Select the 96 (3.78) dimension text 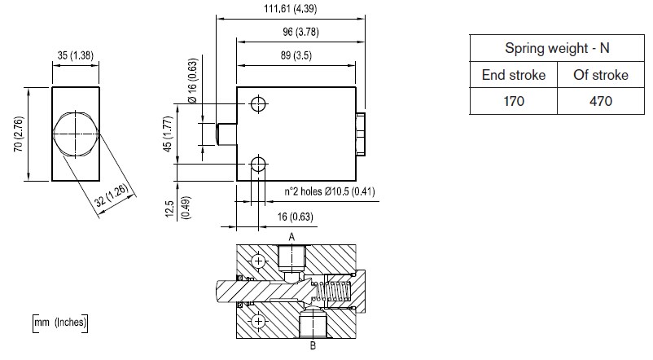point(300,32)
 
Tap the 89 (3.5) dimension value point(296,55)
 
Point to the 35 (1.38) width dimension point(76,55)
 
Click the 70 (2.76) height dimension point(19,134)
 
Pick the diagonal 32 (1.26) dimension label point(111,195)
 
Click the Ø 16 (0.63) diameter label point(192,81)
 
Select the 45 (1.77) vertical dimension point(168,134)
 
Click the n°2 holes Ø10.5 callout point(330,191)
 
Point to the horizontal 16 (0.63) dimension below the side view point(296,217)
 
